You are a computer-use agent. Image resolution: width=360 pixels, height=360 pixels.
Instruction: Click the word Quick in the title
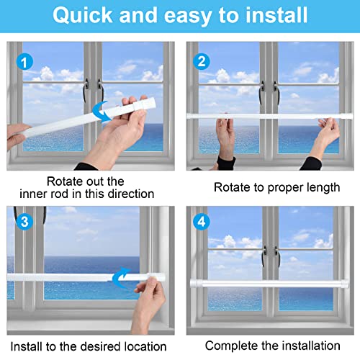(87, 15)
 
